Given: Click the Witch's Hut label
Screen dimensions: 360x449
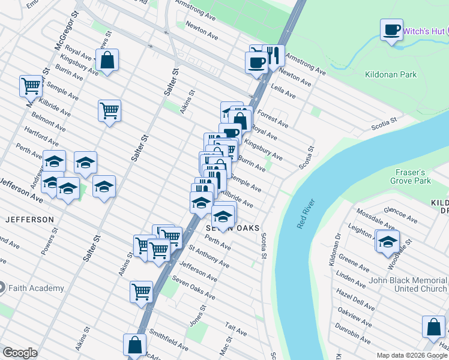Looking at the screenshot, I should pos(427,31).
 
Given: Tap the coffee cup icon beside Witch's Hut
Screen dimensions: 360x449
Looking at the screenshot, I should pos(391,29).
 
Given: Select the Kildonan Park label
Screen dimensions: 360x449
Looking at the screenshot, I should pos(390,75).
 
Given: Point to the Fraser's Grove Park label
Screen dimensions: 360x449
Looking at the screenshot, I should pos(414,176).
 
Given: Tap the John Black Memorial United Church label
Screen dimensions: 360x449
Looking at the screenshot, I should pos(408,284).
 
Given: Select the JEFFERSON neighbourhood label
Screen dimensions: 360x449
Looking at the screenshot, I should pos(29,220).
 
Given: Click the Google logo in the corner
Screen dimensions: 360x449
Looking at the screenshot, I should pos(20,353).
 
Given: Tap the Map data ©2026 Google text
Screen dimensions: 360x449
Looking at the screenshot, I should pos(412,355).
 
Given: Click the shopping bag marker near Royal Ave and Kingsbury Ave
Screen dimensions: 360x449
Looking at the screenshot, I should pos(107,60).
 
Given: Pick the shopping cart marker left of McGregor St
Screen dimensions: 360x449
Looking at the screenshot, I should pos(31,85).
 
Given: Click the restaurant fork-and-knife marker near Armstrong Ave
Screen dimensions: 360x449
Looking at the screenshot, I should pos(273,56).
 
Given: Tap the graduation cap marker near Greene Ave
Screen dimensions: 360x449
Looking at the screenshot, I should pos(388,241).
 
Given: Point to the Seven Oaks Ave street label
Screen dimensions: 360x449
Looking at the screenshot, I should pos(193,288).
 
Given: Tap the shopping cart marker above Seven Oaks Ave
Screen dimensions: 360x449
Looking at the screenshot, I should pos(141,292).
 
